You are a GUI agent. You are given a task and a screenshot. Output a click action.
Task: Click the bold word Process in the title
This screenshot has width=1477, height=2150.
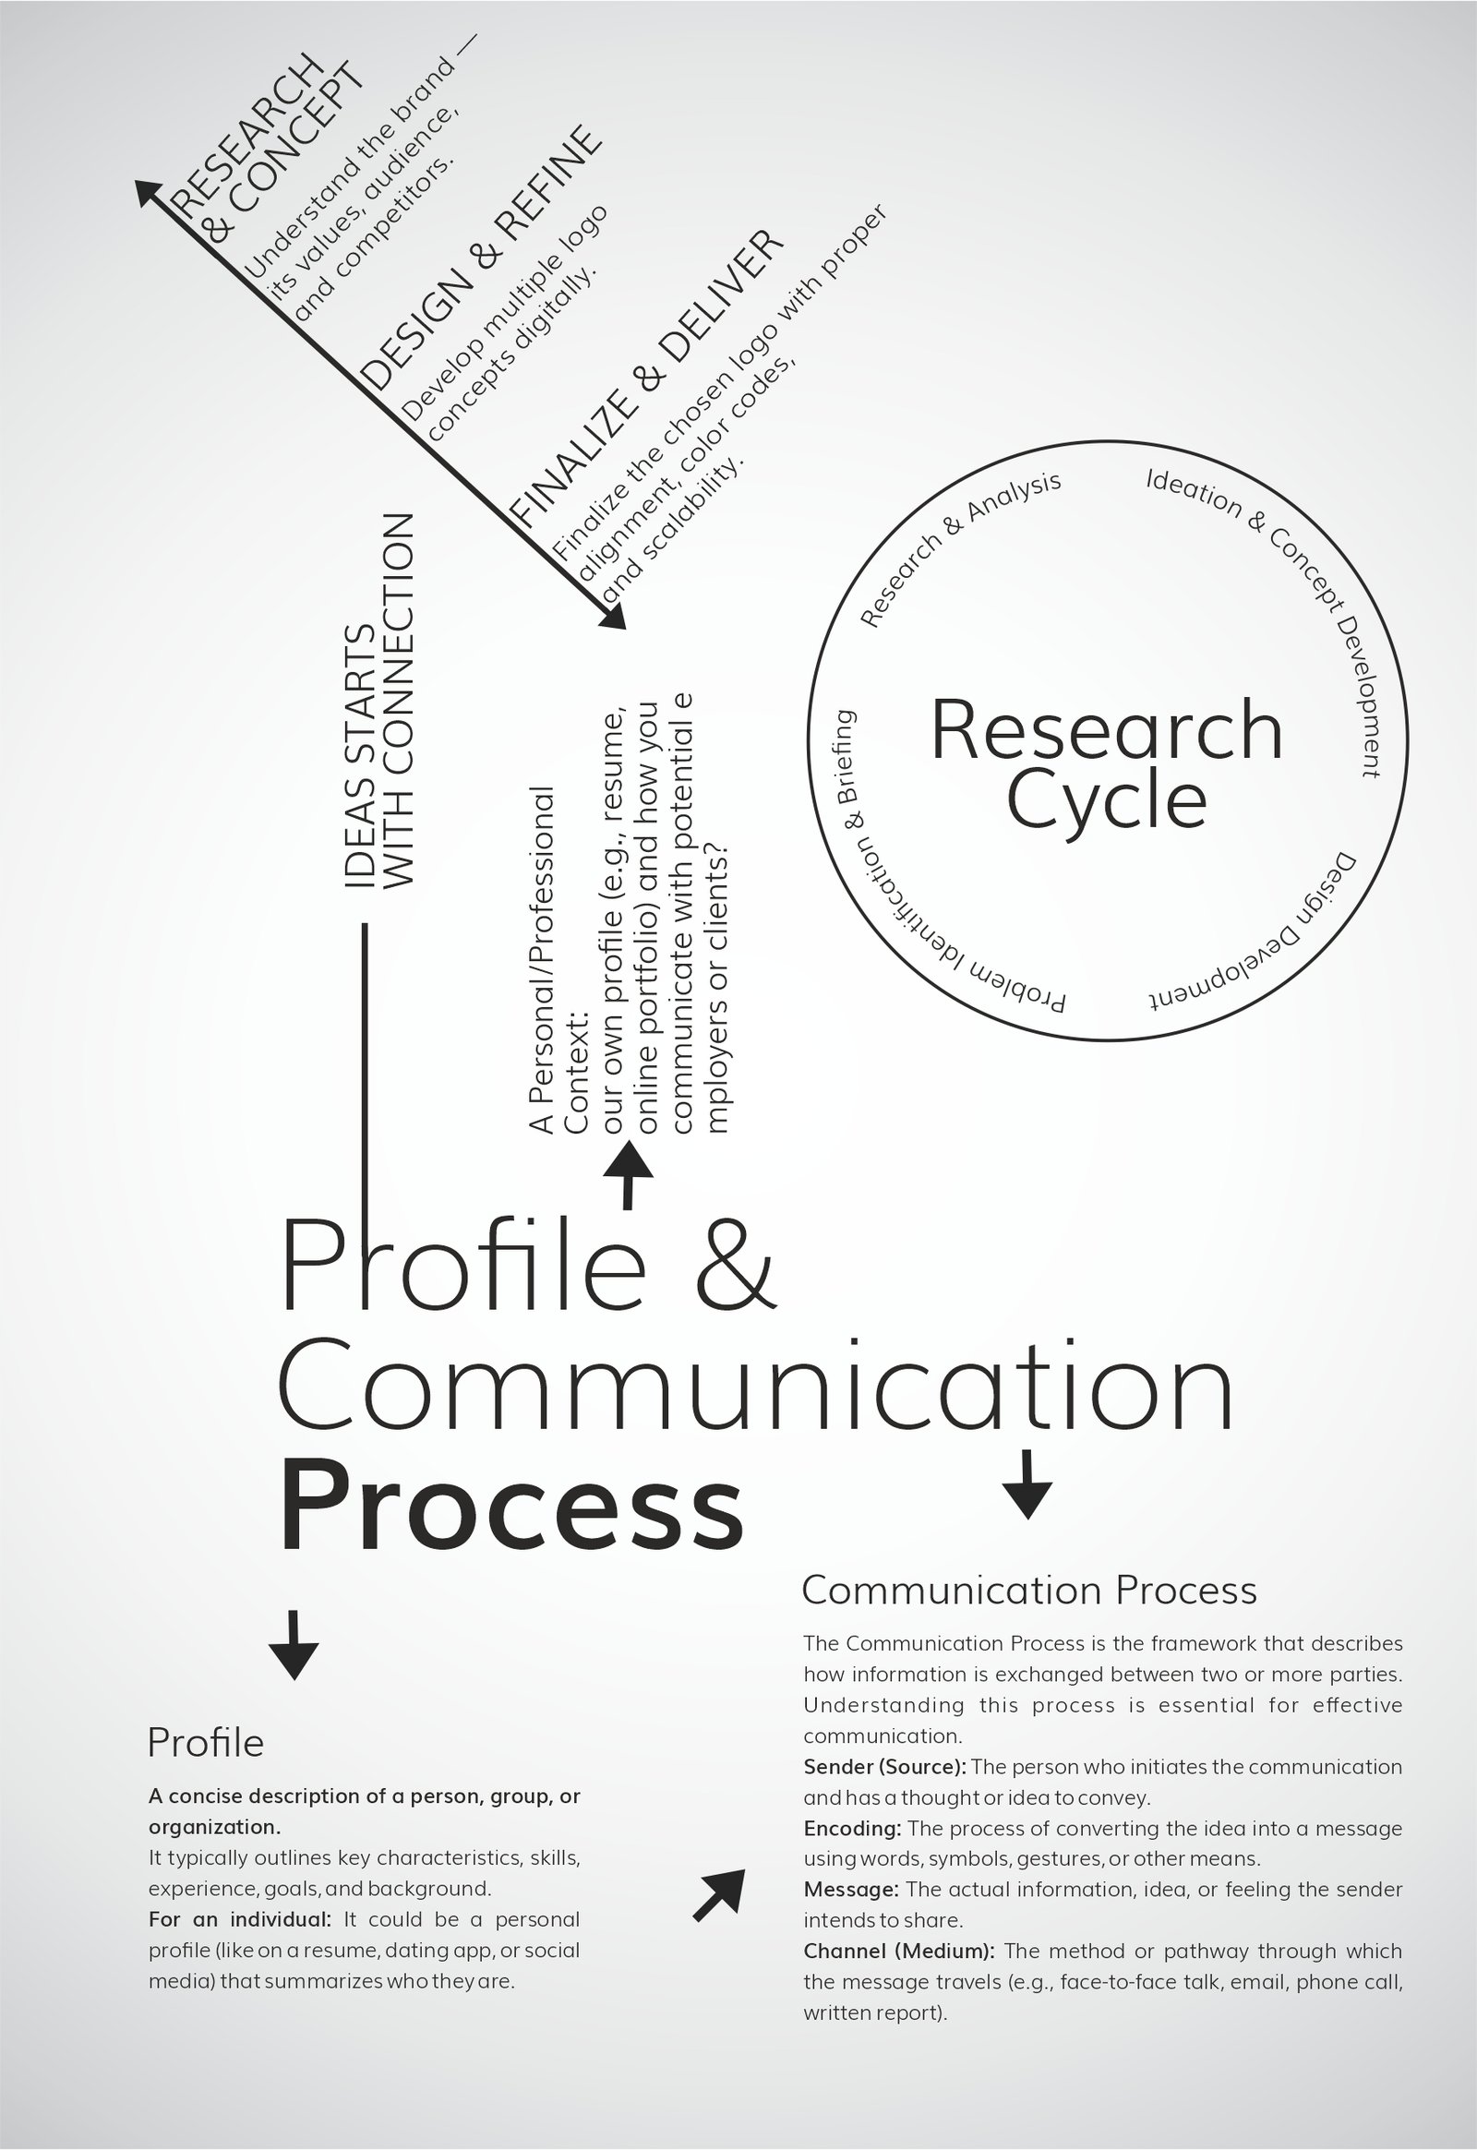pyautogui.click(x=510, y=1506)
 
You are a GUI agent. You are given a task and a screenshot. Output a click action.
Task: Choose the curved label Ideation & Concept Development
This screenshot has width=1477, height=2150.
pyautogui.click(x=1281, y=602)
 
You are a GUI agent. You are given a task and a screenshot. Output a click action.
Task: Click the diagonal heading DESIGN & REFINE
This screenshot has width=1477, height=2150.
pyautogui.click(x=480, y=258)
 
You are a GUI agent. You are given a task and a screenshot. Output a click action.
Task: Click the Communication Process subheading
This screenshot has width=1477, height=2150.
pyautogui.click(x=1028, y=1590)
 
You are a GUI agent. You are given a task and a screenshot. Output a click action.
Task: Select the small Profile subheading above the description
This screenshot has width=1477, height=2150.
pyautogui.click(x=206, y=1743)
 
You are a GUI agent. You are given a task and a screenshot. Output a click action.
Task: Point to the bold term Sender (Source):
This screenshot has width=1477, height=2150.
pyautogui.click(x=883, y=1767)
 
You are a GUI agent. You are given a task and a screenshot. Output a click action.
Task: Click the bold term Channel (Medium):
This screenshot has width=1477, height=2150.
pyautogui.click(x=897, y=1951)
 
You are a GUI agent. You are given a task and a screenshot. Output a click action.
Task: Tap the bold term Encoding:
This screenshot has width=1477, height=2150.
pyautogui.click(x=851, y=1828)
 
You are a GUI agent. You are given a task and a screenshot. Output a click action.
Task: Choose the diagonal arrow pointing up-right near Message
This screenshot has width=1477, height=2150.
pyautogui.click(x=720, y=1894)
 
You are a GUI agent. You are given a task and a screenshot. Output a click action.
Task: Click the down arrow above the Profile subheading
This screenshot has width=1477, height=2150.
pyautogui.click(x=294, y=1645)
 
